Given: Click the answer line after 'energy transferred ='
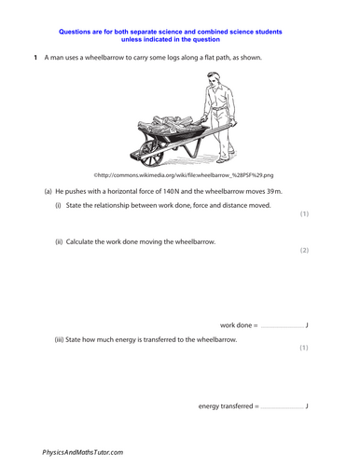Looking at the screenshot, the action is tap(282, 407).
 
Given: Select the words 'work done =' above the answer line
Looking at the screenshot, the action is tap(239, 324).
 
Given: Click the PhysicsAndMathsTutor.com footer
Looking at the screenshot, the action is tap(83, 451).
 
